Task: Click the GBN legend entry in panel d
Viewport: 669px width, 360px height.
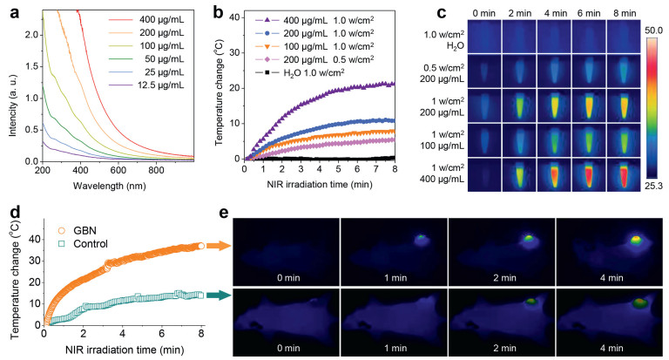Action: coord(77,230)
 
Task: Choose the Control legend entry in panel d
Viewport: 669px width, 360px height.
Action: coord(82,245)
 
